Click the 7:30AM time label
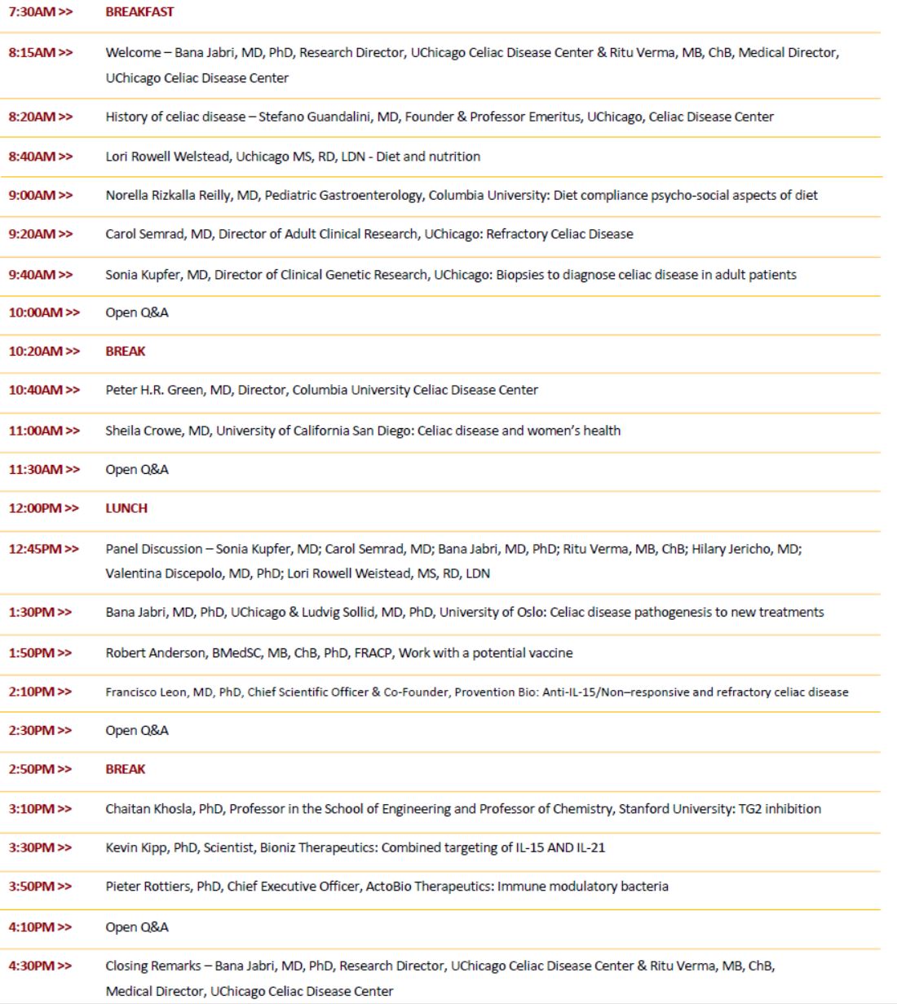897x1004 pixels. pyautogui.click(x=40, y=12)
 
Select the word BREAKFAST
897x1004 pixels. pyautogui.click(x=139, y=12)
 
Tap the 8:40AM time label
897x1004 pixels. pyautogui.click(x=40, y=157)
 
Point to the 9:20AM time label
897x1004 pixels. pyautogui.click(x=40, y=234)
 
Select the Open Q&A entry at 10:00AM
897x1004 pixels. pyautogui.click(x=137, y=312)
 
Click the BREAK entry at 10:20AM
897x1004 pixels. pyautogui.click(x=126, y=352)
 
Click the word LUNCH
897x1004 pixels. pyautogui.click(x=126, y=508)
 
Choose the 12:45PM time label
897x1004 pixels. pyautogui.click(x=43, y=549)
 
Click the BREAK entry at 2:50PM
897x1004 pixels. pyautogui.click(x=126, y=769)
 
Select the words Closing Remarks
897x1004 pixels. pyautogui.click(x=152, y=966)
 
